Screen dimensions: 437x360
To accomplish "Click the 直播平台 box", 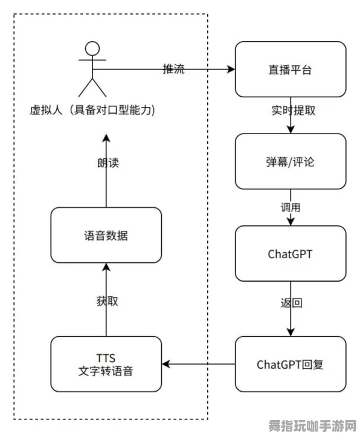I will [x=290, y=69].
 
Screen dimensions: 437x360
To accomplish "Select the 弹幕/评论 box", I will [x=290, y=161].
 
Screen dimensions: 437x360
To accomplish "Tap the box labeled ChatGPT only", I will [x=290, y=253].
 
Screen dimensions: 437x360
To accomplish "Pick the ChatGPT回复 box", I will [x=290, y=364].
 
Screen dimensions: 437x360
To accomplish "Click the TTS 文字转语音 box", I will [x=106, y=364].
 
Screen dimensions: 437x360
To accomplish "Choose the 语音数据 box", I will [x=106, y=235].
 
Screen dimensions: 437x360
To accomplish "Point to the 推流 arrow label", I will [x=174, y=69].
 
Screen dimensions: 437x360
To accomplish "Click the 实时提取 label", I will [x=292, y=111].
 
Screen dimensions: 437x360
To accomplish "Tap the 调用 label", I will [x=291, y=207].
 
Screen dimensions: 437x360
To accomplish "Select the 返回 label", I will [x=291, y=303].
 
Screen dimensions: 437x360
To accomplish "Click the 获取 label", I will [x=106, y=300].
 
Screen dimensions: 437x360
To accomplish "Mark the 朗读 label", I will [x=106, y=163].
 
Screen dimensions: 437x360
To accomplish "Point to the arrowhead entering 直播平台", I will [x=231, y=69].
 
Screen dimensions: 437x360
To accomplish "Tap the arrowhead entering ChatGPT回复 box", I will [x=291, y=332].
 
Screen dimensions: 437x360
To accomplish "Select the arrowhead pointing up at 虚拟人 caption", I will [x=106, y=138].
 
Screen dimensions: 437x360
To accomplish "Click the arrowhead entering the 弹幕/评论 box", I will [x=291, y=130].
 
